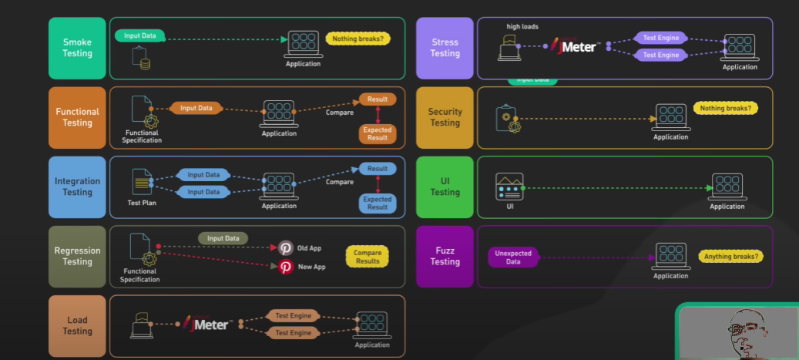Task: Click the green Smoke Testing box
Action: pos(77,48)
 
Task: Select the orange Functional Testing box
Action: pos(77,117)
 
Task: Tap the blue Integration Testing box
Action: pos(77,187)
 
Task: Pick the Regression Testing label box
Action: pos(77,256)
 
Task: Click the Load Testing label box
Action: pos(77,325)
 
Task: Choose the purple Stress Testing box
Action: pos(445,48)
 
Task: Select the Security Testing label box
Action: pos(445,117)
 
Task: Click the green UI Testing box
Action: pos(445,187)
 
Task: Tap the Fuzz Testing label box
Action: pos(445,256)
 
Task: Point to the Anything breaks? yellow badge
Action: pos(729,256)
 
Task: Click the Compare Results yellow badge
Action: pos(367,257)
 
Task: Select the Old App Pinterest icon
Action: pos(286,248)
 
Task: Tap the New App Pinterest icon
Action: pos(286,267)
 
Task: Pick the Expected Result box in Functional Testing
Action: pos(378,134)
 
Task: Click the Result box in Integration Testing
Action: pos(378,169)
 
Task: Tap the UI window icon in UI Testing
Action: pos(509,187)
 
